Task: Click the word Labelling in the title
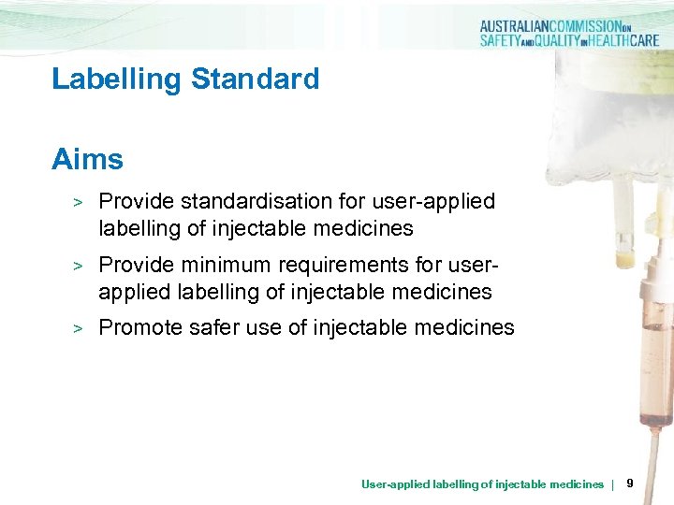tap(117, 79)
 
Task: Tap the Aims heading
tap(87, 159)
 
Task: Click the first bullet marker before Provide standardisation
tap(80, 202)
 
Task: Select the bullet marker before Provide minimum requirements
tap(80, 266)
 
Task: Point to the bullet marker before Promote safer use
tap(80, 328)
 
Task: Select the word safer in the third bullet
tap(212, 327)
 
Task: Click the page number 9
tap(630, 483)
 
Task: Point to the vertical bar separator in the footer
tap(612, 484)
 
